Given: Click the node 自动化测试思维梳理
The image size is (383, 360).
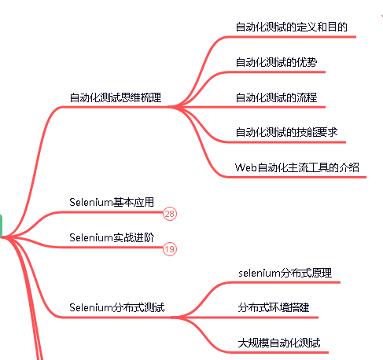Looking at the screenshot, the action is [x=116, y=97].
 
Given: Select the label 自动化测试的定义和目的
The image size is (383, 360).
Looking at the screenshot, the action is [x=292, y=27].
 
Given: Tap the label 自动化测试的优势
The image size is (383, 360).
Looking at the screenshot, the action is [x=276, y=62].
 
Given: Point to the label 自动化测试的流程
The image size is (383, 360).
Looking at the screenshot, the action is [x=276, y=97].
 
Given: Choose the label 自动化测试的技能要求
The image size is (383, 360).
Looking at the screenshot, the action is [x=286, y=132].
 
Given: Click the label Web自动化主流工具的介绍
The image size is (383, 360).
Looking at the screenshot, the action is [x=296, y=167].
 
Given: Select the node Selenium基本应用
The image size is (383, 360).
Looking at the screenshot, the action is [x=112, y=202].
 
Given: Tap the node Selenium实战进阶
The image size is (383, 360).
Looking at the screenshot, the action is [x=112, y=237].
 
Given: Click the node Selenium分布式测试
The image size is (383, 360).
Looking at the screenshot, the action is [x=117, y=307].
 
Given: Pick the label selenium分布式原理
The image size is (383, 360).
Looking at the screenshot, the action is [x=285, y=273].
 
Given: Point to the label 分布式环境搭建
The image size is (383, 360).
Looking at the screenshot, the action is [x=274, y=307].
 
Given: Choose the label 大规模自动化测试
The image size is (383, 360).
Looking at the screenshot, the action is [x=279, y=343].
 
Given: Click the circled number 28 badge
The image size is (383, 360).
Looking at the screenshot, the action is [x=170, y=214].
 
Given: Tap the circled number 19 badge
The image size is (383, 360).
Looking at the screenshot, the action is [x=170, y=249].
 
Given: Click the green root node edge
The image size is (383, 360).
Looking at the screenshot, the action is [x=1, y=226].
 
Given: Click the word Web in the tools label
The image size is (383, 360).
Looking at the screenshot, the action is [x=245, y=167].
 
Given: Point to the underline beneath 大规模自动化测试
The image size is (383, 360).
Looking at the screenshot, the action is [x=275, y=352].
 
